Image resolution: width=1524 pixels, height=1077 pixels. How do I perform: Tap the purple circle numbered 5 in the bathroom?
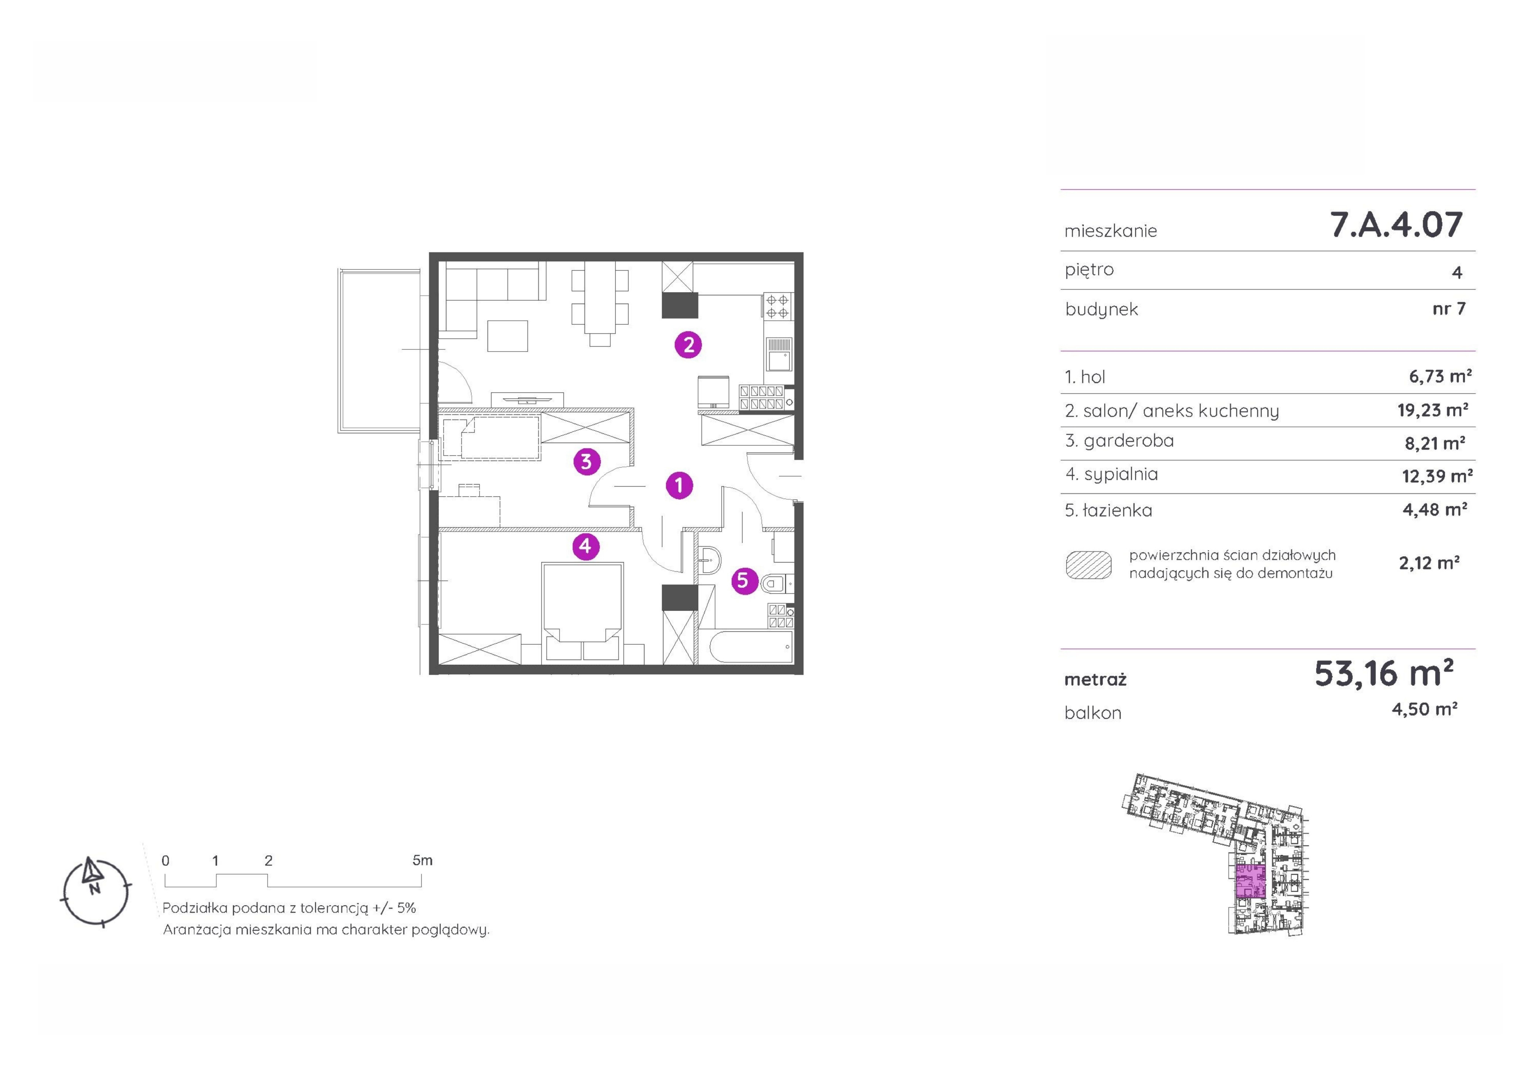pyautogui.click(x=744, y=581)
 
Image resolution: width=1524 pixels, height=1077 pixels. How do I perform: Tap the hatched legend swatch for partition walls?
pyautogui.click(x=1089, y=565)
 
